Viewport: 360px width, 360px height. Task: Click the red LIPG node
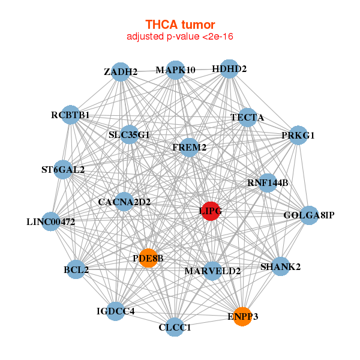pos(210,211)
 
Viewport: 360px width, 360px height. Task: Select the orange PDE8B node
pos(148,257)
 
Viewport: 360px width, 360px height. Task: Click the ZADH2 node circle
pos(121,72)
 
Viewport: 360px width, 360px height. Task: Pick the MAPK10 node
pos(175,70)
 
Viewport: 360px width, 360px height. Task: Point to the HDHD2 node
pos(229,69)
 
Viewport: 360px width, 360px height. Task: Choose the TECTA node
pos(247,118)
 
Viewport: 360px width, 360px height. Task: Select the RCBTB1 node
pos(70,115)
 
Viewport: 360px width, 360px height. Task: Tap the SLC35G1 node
pos(130,134)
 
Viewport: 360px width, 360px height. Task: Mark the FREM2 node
pos(189,147)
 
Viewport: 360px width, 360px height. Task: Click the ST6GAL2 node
pos(63,169)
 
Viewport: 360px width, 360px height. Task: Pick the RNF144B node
pos(268,182)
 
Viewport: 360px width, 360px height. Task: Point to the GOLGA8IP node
pos(309,215)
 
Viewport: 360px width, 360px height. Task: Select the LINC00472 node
pos(51,221)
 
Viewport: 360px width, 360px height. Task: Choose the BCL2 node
pos(76,270)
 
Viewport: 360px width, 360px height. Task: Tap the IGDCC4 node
pos(116,311)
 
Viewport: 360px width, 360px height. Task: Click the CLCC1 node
pos(175,327)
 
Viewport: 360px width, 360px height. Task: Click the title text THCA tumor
pos(180,25)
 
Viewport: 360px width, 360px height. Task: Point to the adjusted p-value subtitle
pos(180,37)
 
